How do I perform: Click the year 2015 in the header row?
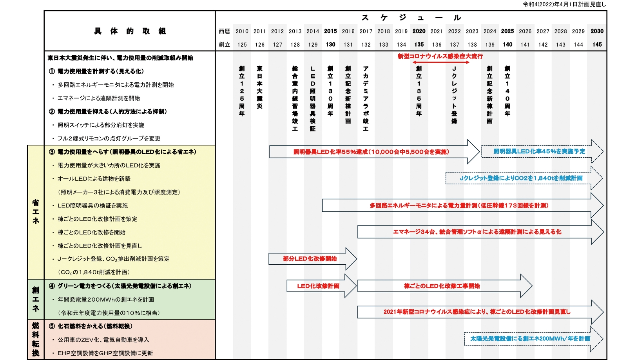coord(330,31)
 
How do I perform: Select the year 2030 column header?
coord(597,31)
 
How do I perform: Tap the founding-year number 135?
coord(419,45)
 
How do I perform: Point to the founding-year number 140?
coord(507,45)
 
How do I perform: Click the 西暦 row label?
coord(225,31)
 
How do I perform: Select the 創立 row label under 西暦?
coord(225,45)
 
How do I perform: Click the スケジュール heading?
coord(411,18)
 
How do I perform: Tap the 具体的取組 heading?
coord(130,31)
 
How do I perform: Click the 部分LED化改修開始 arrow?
coord(310,259)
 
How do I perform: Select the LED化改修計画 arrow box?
coord(318,286)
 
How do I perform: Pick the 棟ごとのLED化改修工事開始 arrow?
coord(442,286)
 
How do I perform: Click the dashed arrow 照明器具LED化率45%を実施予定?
coord(539,151)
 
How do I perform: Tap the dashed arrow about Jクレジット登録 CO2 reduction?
coord(521,178)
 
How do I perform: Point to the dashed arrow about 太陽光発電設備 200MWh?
coord(530,339)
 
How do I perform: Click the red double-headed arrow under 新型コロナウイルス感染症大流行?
coord(440,62)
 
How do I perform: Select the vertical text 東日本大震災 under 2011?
coord(259,87)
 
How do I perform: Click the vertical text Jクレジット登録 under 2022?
coord(454,95)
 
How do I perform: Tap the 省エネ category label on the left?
coord(36,212)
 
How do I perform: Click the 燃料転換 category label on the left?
coord(36,339)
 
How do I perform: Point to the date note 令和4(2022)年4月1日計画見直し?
coord(564,4)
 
